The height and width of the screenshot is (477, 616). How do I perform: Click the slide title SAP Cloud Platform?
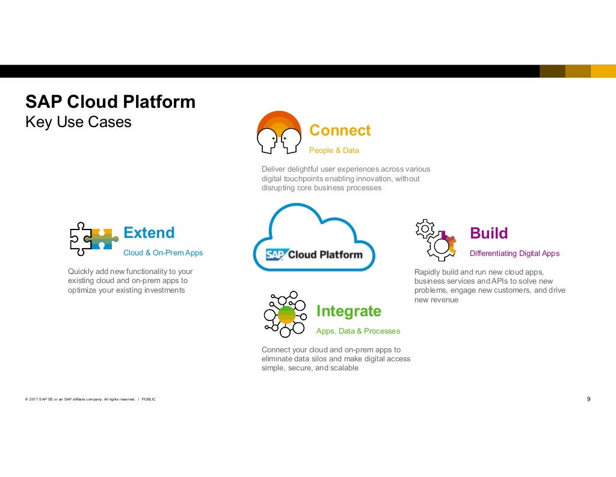point(110,102)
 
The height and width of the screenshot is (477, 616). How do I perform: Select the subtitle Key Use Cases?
point(78,122)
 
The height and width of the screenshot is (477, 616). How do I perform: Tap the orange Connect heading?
point(340,130)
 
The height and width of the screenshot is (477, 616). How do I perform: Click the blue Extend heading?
point(149,232)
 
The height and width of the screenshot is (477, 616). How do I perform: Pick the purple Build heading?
point(488,233)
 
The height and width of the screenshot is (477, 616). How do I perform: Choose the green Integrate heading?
point(348,311)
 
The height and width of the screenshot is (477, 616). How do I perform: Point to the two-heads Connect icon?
point(279,133)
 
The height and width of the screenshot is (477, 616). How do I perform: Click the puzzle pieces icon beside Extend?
point(91,238)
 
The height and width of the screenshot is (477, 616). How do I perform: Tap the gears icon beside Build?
point(436,238)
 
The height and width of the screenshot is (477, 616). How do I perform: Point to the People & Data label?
point(334,150)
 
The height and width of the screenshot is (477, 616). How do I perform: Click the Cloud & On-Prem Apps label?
point(163,253)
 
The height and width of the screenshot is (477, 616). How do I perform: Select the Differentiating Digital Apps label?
point(514,254)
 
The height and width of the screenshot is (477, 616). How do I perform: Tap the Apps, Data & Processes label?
point(358,331)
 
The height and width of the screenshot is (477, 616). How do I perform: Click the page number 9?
point(588,399)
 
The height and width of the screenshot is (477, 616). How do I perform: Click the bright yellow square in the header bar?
point(603,71)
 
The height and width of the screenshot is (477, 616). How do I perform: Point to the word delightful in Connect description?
point(307,169)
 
